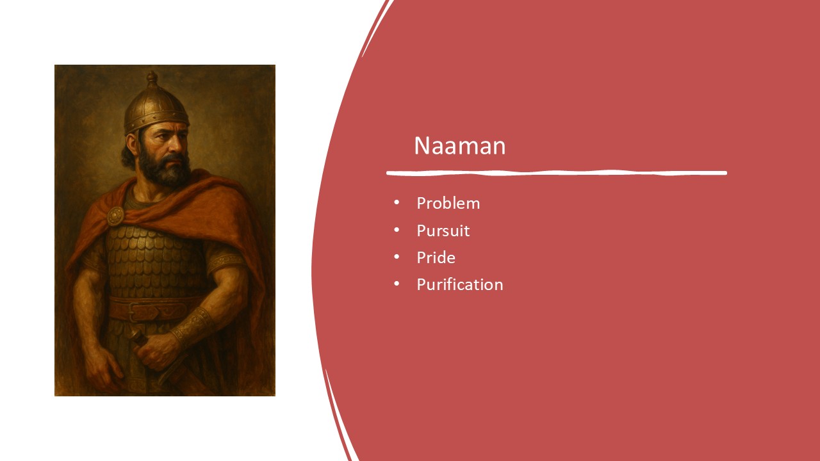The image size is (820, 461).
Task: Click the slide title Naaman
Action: [459, 146]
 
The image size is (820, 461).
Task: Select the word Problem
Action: [448, 203]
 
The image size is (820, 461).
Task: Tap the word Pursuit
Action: [443, 230]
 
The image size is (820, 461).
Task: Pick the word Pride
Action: [436, 257]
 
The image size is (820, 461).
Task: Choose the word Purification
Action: [459, 284]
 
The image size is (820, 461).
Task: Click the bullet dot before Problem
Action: [397, 203]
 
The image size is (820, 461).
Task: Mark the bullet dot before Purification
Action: [397, 284]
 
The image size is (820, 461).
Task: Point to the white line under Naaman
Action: [556, 173]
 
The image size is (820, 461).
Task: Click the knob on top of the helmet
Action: [152, 77]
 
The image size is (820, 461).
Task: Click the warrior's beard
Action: [165, 170]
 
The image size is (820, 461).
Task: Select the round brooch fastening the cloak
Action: [115, 216]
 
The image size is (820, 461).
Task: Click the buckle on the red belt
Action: [142, 311]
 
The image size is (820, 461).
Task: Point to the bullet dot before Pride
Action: [397, 257]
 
